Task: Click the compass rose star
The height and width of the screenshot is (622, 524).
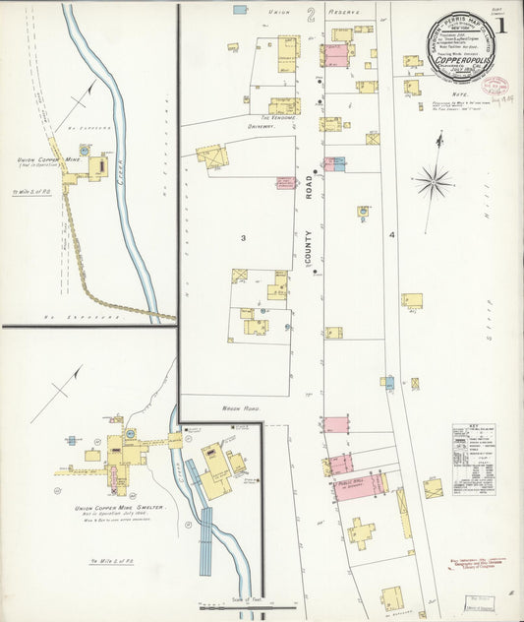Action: point(433,182)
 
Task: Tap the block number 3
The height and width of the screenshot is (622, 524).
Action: point(243,237)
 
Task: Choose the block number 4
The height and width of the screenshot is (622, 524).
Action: point(391,235)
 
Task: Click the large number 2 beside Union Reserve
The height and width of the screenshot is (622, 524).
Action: point(309,14)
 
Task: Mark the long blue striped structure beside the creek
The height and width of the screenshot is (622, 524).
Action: point(204,543)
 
